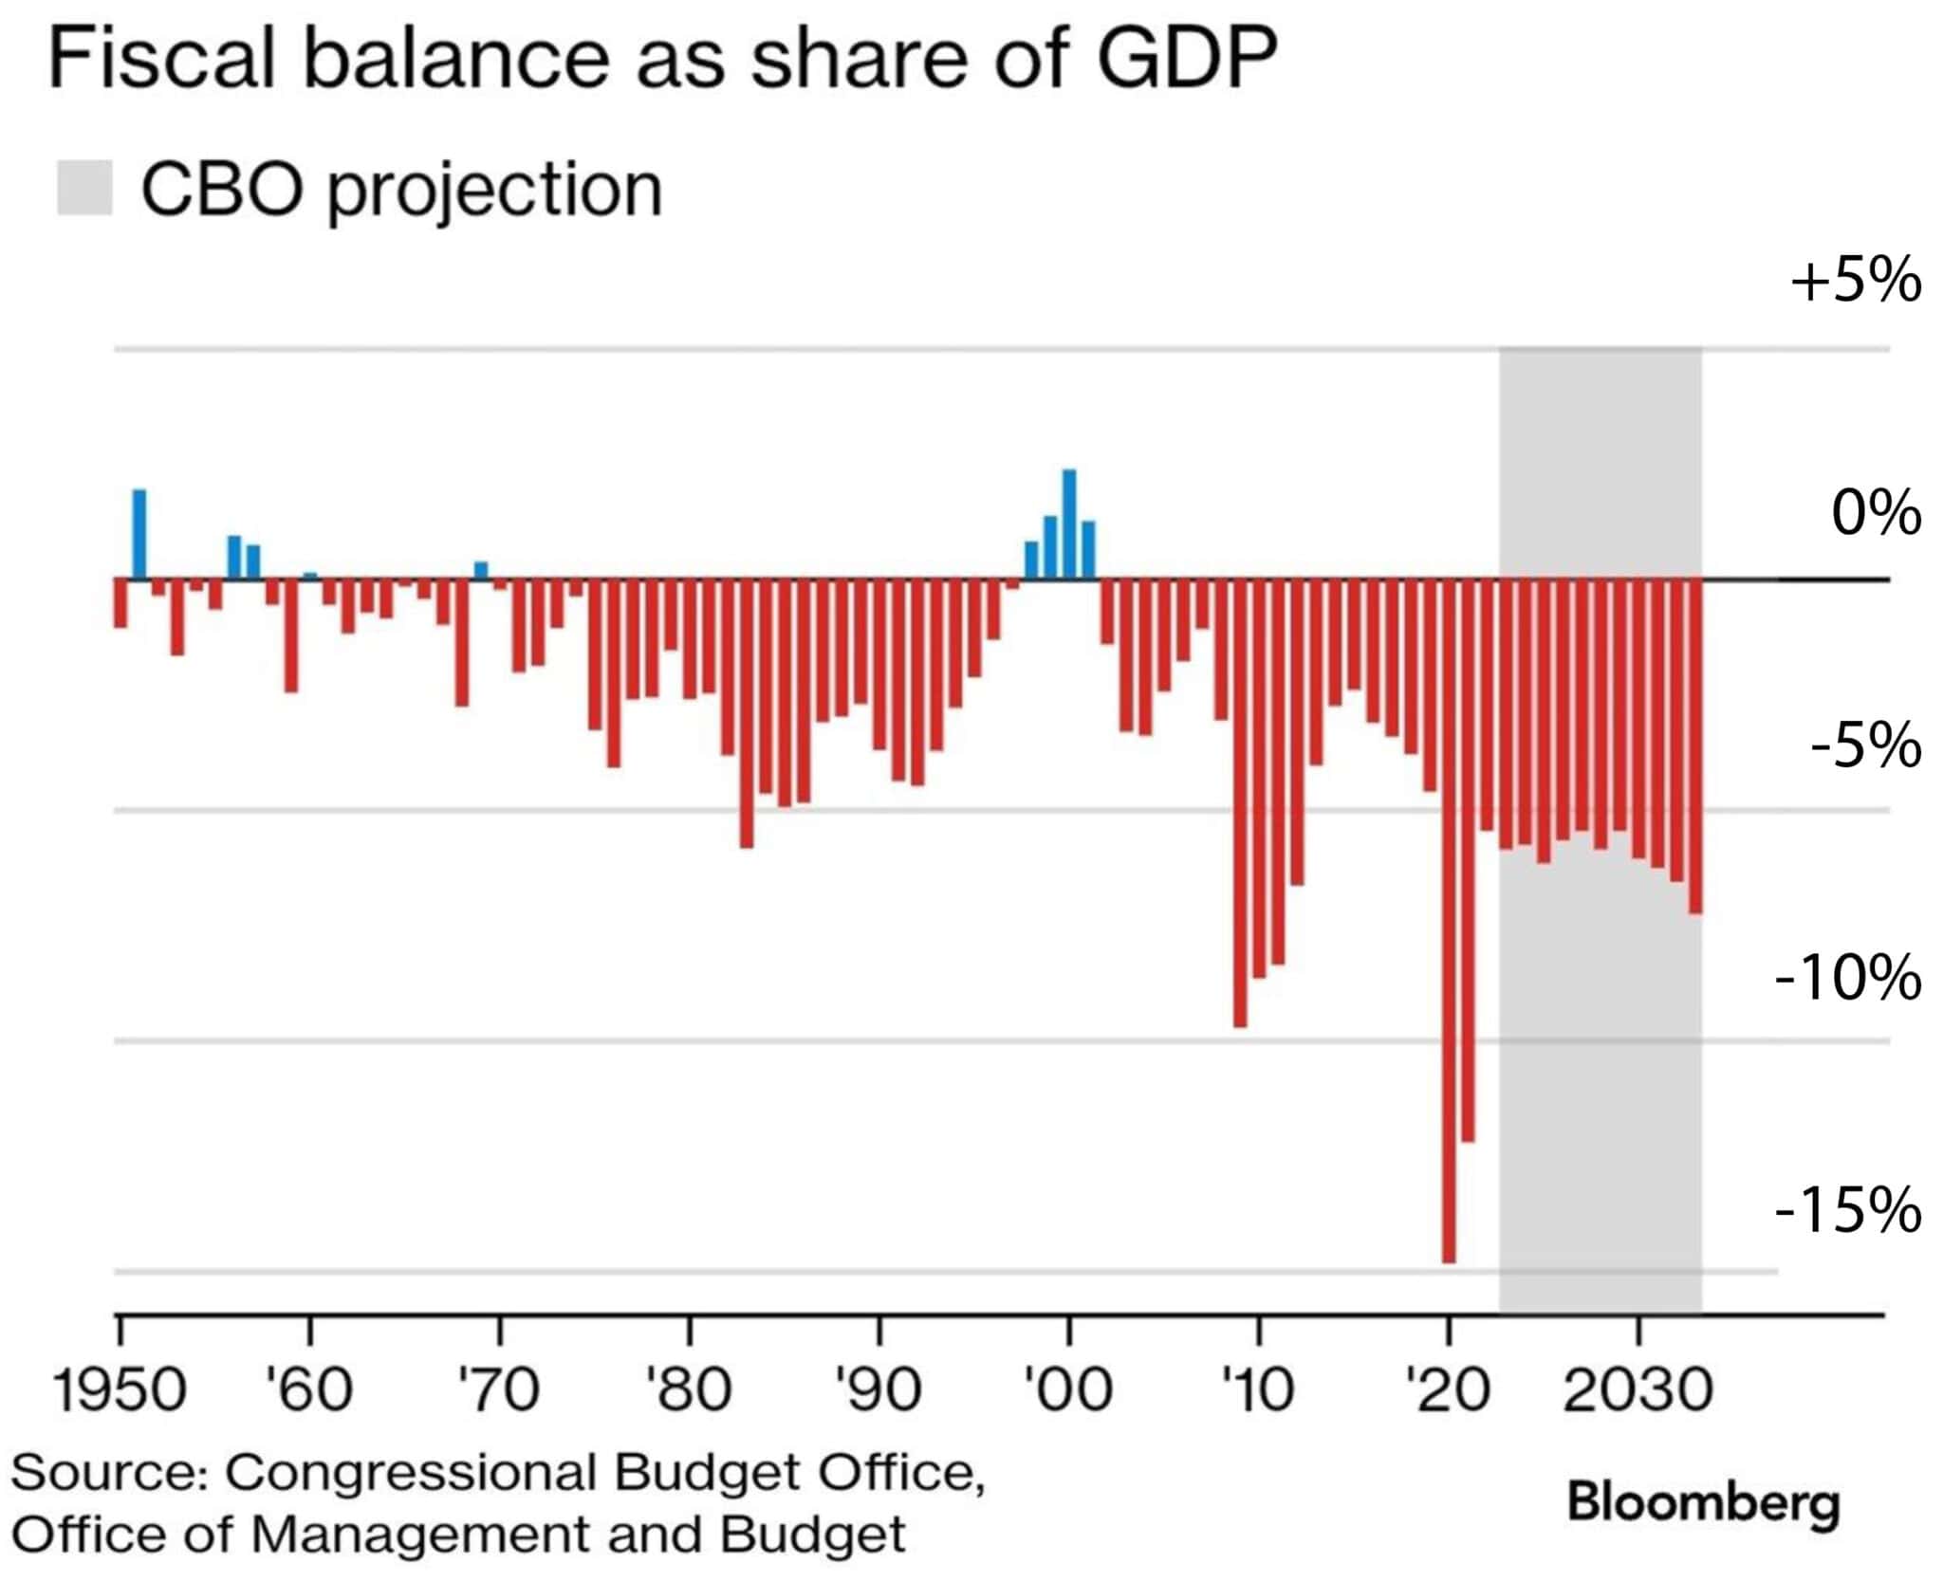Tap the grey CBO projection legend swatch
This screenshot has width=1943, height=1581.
click(x=84, y=188)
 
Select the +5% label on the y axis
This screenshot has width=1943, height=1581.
click(x=1855, y=281)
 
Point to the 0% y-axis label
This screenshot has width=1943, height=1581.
click(x=1876, y=514)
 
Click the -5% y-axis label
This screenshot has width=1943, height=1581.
click(x=1865, y=745)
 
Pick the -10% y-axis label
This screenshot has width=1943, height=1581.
click(x=1847, y=978)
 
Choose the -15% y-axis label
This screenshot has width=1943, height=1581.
click(x=1847, y=1210)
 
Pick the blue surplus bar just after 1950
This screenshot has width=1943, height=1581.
click(x=139, y=534)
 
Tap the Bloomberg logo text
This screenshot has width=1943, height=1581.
click(x=1703, y=1502)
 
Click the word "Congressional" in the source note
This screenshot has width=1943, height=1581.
click(x=412, y=1473)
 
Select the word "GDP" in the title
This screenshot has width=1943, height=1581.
click(x=1186, y=59)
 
